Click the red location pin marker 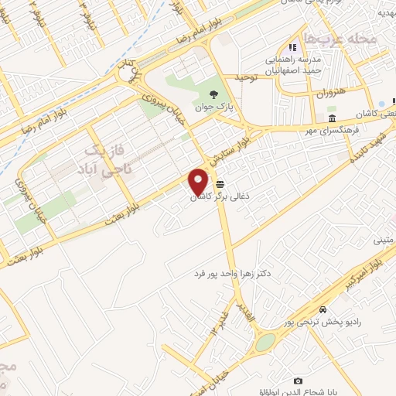click(199, 182)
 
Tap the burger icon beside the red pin click(221, 185)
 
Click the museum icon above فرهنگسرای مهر click(331, 118)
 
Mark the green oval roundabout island click(265, 342)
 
